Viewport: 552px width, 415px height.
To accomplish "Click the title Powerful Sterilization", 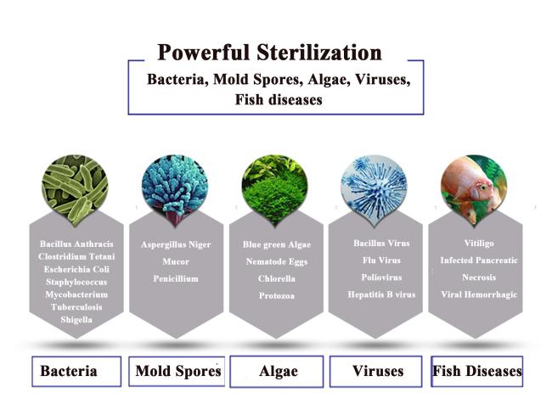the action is [270, 53].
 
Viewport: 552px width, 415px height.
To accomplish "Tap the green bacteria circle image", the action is [75, 189].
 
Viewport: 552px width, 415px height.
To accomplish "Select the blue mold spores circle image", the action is [175, 189].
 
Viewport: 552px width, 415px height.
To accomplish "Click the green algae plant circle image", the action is [274, 189].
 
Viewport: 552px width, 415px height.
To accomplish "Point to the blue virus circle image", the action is [374, 189].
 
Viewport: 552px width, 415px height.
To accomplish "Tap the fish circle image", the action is [474, 189].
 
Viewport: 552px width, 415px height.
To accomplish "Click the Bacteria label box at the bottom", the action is [76, 372].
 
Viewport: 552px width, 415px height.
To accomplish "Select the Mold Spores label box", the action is [177, 372].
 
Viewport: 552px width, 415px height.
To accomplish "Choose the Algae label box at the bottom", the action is [277, 372].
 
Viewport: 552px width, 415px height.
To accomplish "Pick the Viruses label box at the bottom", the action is [376, 372].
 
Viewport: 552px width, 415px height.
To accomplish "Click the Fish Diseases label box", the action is [477, 372].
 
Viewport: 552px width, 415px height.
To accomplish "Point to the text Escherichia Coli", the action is [76, 269].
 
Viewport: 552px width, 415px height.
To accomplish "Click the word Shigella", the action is [76, 320].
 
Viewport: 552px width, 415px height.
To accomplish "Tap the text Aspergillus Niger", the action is [176, 244].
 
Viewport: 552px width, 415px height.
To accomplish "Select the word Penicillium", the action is [176, 278].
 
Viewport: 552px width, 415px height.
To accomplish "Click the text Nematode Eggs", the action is [277, 262].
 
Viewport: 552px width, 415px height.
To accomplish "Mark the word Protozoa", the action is [277, 296].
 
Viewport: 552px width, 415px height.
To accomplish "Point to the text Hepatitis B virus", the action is [381, 294].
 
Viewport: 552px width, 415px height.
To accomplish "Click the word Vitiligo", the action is [479, 244].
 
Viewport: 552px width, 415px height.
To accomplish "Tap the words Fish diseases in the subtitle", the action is [279, 99].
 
